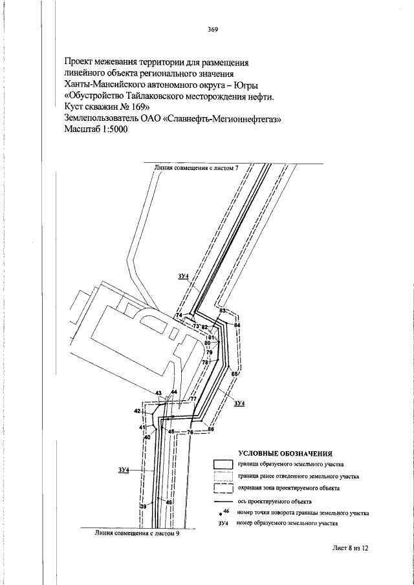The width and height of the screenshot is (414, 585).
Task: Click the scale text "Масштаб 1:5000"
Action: [x=96, y=129]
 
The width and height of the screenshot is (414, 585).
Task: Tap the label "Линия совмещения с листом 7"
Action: [x=196, y=168]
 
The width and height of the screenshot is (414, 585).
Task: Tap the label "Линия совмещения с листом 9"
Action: [x=137, y=533]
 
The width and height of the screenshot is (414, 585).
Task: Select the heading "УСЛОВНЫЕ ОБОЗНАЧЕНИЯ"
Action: [x=285, y=454]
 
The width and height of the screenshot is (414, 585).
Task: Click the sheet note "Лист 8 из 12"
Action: [x=350, y=548]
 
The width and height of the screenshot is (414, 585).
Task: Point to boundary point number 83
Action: [x=223, y=310]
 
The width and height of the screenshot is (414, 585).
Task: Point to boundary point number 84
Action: [x=237, y=325]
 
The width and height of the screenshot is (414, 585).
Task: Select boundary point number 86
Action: [x=211, y=429]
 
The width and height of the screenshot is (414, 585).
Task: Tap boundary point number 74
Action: [x=179, y=315]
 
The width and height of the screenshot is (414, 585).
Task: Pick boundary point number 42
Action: [x=137, y=411]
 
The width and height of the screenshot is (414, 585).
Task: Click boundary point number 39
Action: [x=143, y=506]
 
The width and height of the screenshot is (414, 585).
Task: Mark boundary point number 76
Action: [x=190, y=432]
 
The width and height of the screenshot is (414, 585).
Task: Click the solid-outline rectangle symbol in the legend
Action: [x=223, y=465]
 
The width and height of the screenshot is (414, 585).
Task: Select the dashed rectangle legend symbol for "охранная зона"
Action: [x=223, y=489]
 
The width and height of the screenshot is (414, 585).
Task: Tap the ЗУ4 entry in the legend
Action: [x=223, y=524]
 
